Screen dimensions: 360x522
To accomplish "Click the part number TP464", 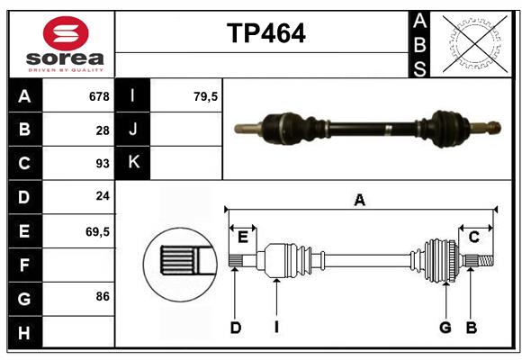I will point(265,34).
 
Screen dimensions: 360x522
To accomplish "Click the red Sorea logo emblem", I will point(66,36).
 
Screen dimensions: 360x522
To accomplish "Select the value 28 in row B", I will point(103,130).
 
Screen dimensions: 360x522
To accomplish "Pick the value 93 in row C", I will point(103,164).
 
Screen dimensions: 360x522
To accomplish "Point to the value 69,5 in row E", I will point(97,231).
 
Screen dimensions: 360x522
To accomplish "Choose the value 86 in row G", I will point(103,295).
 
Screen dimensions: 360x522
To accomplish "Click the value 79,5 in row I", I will point(206,96).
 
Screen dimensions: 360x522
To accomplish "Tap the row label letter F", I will point(24,265).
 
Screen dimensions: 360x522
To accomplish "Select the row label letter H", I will point(24,333).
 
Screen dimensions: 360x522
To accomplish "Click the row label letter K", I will point(133,163).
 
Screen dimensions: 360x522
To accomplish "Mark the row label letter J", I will point(133,130).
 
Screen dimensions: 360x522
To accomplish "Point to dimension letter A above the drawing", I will point(359,200).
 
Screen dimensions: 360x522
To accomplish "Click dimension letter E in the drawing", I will point(243,237).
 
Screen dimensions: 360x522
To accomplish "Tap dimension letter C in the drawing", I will point(473,237).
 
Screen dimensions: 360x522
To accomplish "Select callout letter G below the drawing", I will point(445,328).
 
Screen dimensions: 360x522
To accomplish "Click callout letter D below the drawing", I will point(235,328).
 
